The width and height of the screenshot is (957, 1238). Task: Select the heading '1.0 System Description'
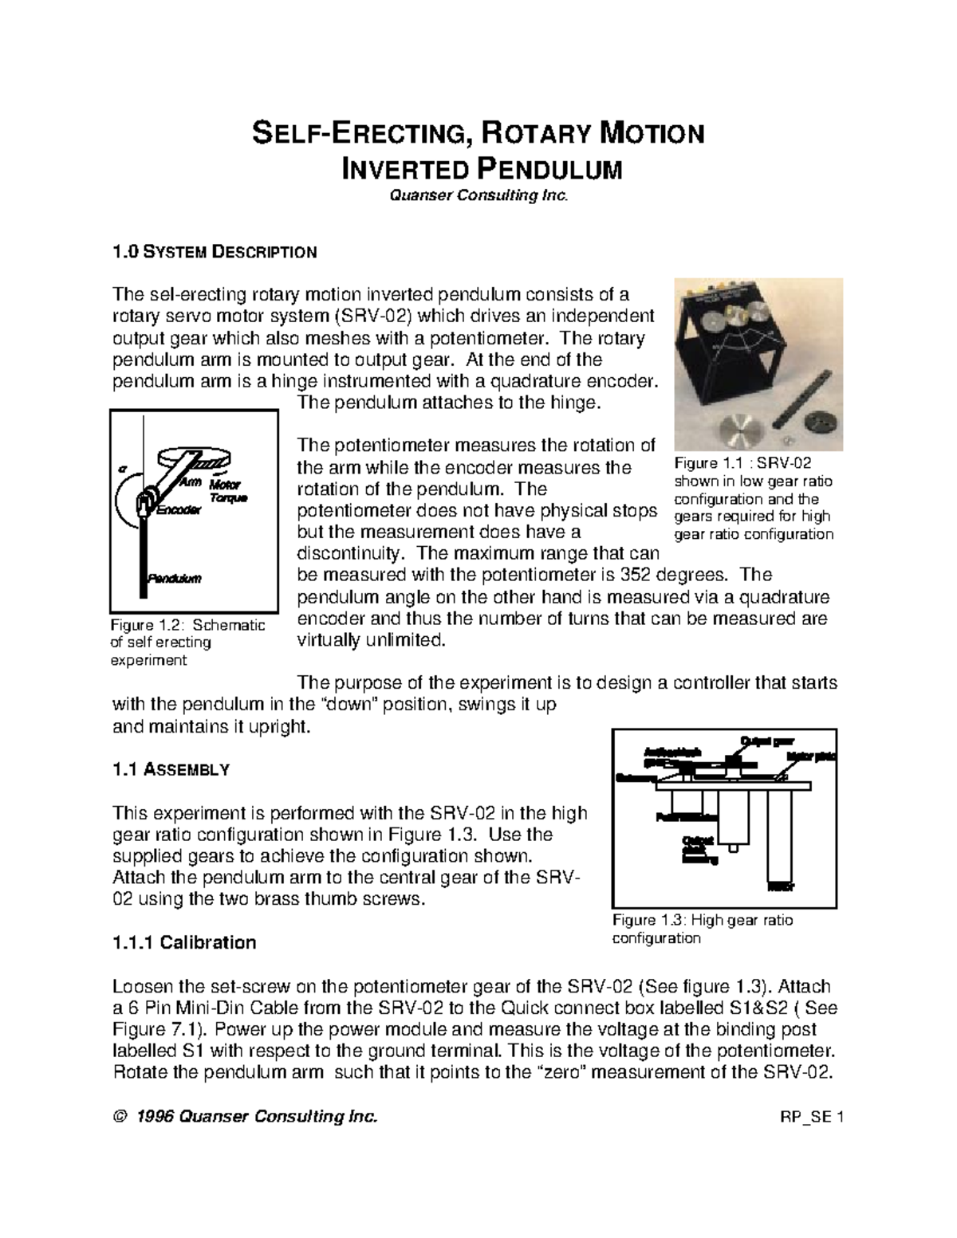[215, 253]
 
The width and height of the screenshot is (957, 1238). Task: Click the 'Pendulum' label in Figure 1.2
[175, 578]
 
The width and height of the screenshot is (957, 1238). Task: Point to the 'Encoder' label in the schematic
[178, 510]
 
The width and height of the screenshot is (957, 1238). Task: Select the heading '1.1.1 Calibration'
[184, 943]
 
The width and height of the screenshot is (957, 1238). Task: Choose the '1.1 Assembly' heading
[171, 770]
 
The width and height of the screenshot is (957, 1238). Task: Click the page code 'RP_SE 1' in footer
[811, 1117]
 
